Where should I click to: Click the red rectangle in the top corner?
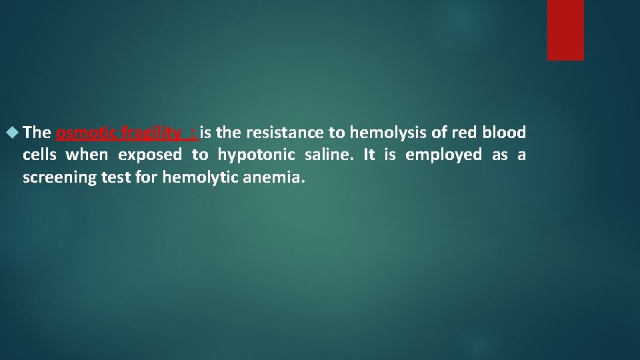[x=565, y=30]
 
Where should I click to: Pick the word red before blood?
[x=461, y=133]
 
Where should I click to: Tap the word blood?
[x=504, y=133]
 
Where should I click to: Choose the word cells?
[x=39, y=155]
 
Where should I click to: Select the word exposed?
[x=150, y=155]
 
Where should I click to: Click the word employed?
[x=443, y=155]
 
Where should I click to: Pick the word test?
[x=113, y=178]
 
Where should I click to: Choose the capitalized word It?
[x=369, y=155]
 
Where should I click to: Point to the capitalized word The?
[x=37, y=133]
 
